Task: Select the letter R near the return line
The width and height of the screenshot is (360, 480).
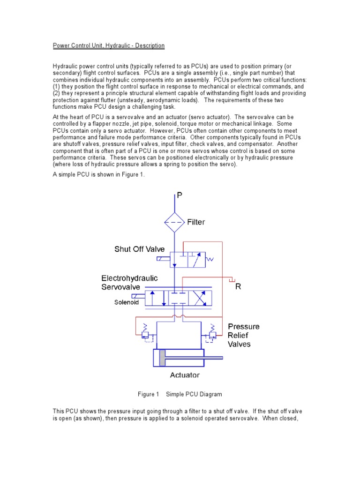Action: pos(238,286)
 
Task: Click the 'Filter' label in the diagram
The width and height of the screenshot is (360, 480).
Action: pos(196,222)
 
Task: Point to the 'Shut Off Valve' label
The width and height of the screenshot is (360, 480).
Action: pos(140,249)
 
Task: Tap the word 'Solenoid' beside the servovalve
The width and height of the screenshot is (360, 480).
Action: pos(127,302)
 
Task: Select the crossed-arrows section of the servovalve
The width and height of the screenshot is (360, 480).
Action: pos(200,299)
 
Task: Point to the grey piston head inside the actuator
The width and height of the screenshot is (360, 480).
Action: pos(163,359)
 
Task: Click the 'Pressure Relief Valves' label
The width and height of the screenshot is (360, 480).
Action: pos(243,335)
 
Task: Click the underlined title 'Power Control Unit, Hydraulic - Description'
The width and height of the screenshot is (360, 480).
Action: pos(108,45)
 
